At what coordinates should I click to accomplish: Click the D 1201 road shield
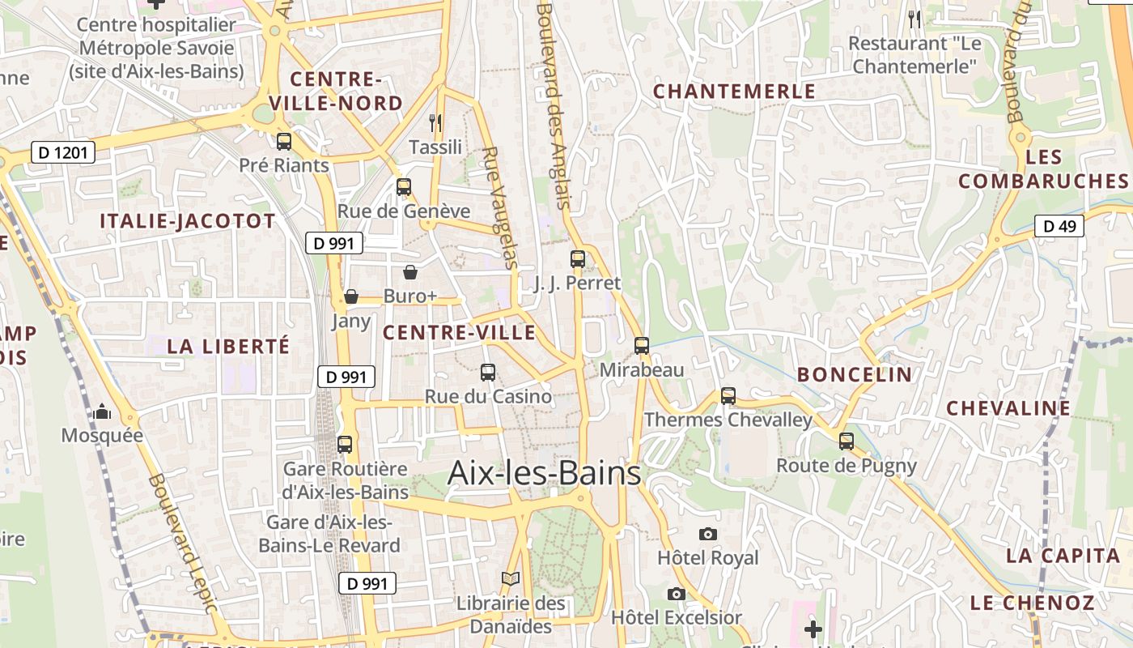[x=63, y=151]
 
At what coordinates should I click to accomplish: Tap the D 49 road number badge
[x=1059, y=226]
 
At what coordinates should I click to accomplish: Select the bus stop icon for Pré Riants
[x=284, y=142]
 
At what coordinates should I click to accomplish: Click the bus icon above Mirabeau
[x=642, y=346]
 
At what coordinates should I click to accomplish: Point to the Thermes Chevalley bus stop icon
[x=728, y=396]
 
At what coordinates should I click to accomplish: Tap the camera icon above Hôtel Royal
[x=708, y=534]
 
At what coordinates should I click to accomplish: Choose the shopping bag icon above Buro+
[x=410, y=272]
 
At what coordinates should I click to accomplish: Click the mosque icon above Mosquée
[x=102, y=412]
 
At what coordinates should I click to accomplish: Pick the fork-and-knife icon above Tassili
[x=435, y=122]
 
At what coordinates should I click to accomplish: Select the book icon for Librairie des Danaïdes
[x=510, y=579]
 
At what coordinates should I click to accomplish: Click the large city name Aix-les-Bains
[x=544, y=473]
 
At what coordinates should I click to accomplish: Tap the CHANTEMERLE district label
[x=735, y=92]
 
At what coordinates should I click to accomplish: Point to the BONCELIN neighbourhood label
[x=855, y=374]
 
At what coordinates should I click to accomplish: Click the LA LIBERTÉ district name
[x=228, y=347]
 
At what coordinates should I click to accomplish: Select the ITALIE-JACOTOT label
[x=188, y=221]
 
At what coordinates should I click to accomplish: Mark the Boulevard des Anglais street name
[x=554, y=105]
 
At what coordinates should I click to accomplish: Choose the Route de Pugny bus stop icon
[x=847, y=441]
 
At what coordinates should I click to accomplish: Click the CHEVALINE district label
[x=1008, y=408]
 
